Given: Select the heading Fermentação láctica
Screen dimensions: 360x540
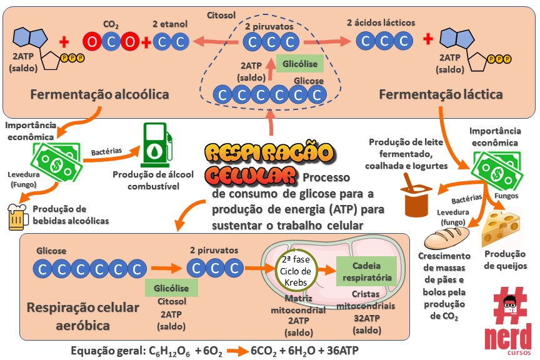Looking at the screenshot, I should pyautogui.click(x=441, y=95).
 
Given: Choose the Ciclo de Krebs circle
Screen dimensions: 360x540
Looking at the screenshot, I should pyautogui.click(x=296, y=270).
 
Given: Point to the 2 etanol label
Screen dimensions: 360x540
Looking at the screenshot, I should pyautogui.click(x=170, y=24).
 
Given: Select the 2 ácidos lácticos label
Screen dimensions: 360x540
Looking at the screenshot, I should pyautogui.click(x=381, y=22).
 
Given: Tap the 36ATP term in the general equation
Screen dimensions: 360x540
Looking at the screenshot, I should pyautogui.click(x=342, y=350).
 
